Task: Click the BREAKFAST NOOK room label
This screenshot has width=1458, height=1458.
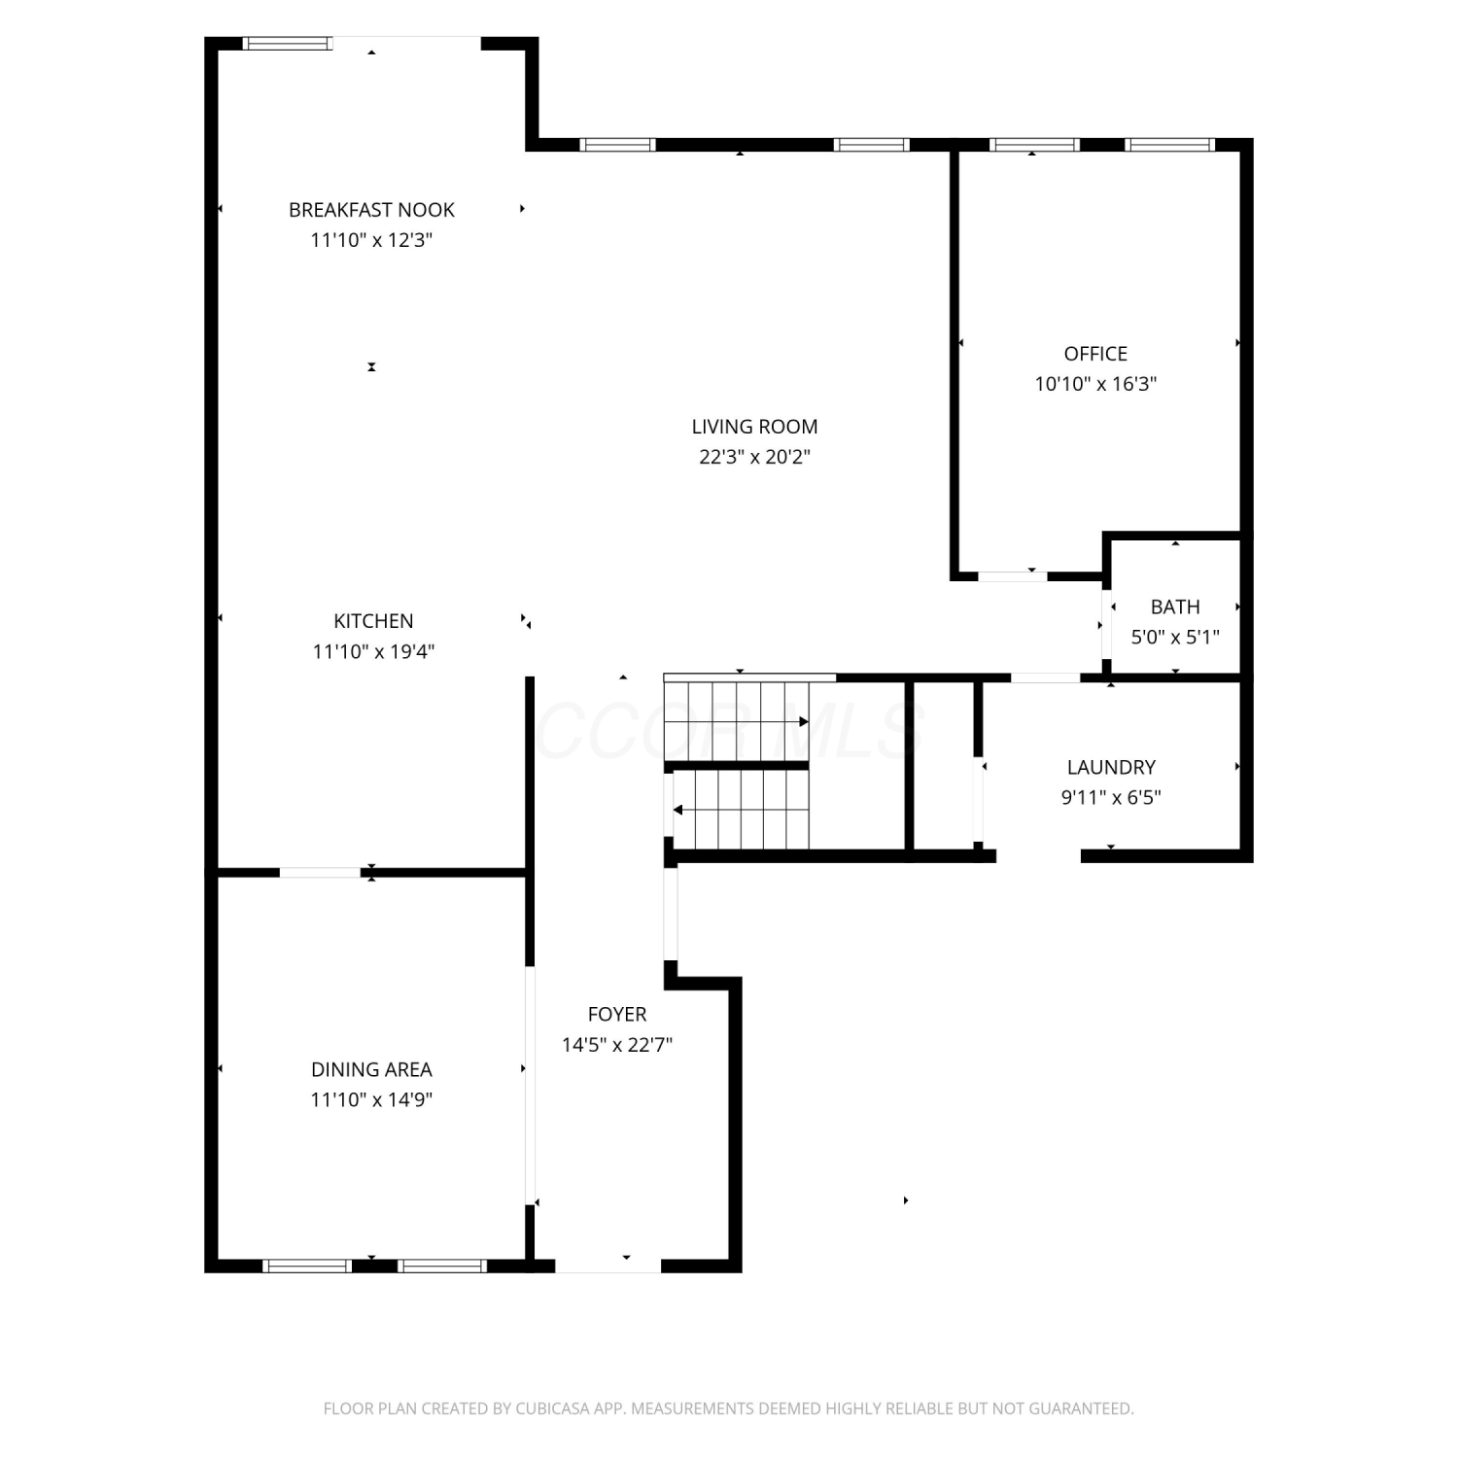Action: click(x=371, y=210)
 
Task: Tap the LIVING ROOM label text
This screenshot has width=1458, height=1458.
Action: click(x=754, y=427)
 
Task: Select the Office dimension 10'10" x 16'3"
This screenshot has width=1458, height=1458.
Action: click(x=1095, y=384)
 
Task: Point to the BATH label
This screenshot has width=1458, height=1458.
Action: click(x=1175, y=607)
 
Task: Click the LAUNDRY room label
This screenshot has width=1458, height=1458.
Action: click(x=1111, y=768)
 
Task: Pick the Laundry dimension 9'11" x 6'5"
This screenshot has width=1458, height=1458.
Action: click(x=1111, y=798)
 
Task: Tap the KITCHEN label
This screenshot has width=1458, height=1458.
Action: click(x=373, y=621)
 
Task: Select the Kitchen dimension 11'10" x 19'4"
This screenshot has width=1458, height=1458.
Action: click(x=373, y=651)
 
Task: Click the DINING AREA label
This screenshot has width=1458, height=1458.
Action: click(x=371, y=1070)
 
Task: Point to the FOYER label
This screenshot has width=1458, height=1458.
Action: click(x=617, y=1015)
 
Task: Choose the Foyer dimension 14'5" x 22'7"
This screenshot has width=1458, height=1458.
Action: click(x=617, y=1045)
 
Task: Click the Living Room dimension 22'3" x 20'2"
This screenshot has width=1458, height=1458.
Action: click(x=754, y=457)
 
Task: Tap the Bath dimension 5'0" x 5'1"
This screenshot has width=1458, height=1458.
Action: click(x=1175, y=638)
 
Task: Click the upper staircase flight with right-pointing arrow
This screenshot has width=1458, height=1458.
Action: click(x=737, y=721)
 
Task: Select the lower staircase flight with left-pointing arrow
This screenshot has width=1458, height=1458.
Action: click(x=742, y=810)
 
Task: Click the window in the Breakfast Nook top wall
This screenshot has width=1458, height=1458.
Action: click(x=287, y=43)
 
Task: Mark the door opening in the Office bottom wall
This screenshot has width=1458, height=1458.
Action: click(x=1012, y=576)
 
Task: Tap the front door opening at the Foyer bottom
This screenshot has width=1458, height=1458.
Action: click(x=607, y=1266)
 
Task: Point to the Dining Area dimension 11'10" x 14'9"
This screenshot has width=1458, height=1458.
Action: click(x=371, y=1100)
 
